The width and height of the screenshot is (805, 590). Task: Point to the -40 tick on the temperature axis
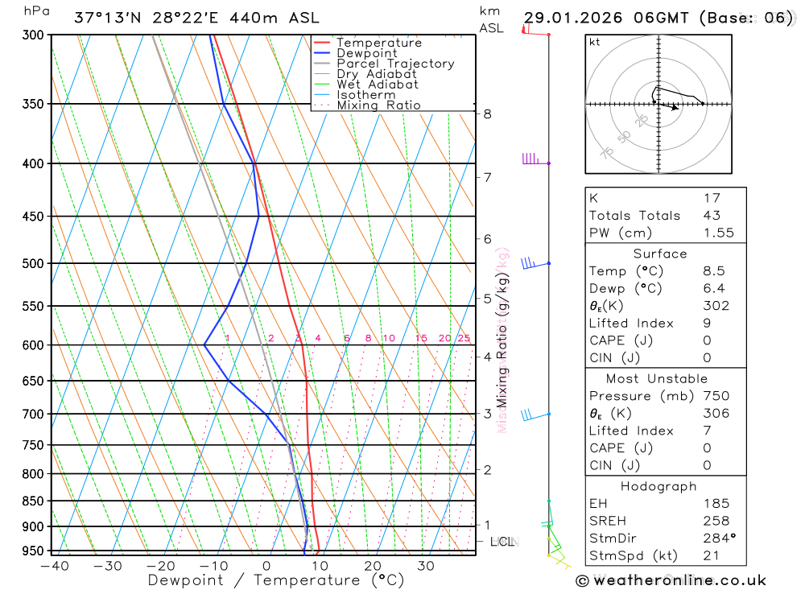point(53,566)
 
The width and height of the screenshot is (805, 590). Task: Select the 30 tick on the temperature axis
point(426,566)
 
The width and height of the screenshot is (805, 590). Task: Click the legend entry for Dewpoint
point(366,53)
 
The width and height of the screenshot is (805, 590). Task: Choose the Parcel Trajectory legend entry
point(394,64)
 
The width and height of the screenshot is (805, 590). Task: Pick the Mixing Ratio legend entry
point(378,105)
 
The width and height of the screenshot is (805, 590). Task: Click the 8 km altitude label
point(488,113)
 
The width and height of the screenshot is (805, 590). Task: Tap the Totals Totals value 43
point(712,215)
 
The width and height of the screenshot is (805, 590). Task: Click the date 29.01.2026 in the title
point(568,18)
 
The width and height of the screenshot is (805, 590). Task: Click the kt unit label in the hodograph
point(595,42)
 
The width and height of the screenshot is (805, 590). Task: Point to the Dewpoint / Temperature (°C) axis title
point(263,580)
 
